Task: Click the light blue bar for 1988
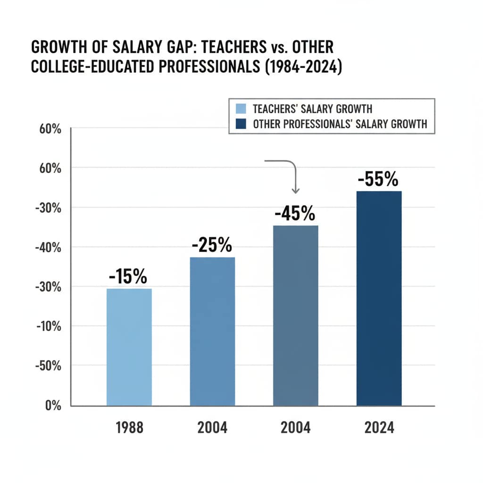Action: pyautogui.click(x=129, y=347)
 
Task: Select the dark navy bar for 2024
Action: pyautogui.click(x=379, y=298)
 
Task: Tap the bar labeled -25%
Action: pyautogui.click(x=212, y=331)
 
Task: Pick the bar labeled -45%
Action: pyautogui.click(x=296, y=315)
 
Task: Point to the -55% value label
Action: pyautogui.click(x=378, y=180)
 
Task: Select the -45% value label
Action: pyautogui.click(x=295, y=214)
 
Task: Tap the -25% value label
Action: pyautogui.click(x=212, y=246)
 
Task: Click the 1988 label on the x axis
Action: pyautogui.click(x=129, y=428)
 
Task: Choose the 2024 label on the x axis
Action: pyautogui.click(x=379, y=428)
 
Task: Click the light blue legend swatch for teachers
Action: pyautogui.click(x=241, y=109)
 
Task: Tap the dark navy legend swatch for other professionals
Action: pyautogui.click(x=241, y=124)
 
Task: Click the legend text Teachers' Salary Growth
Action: pyautogui.click(x=312, y=109)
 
